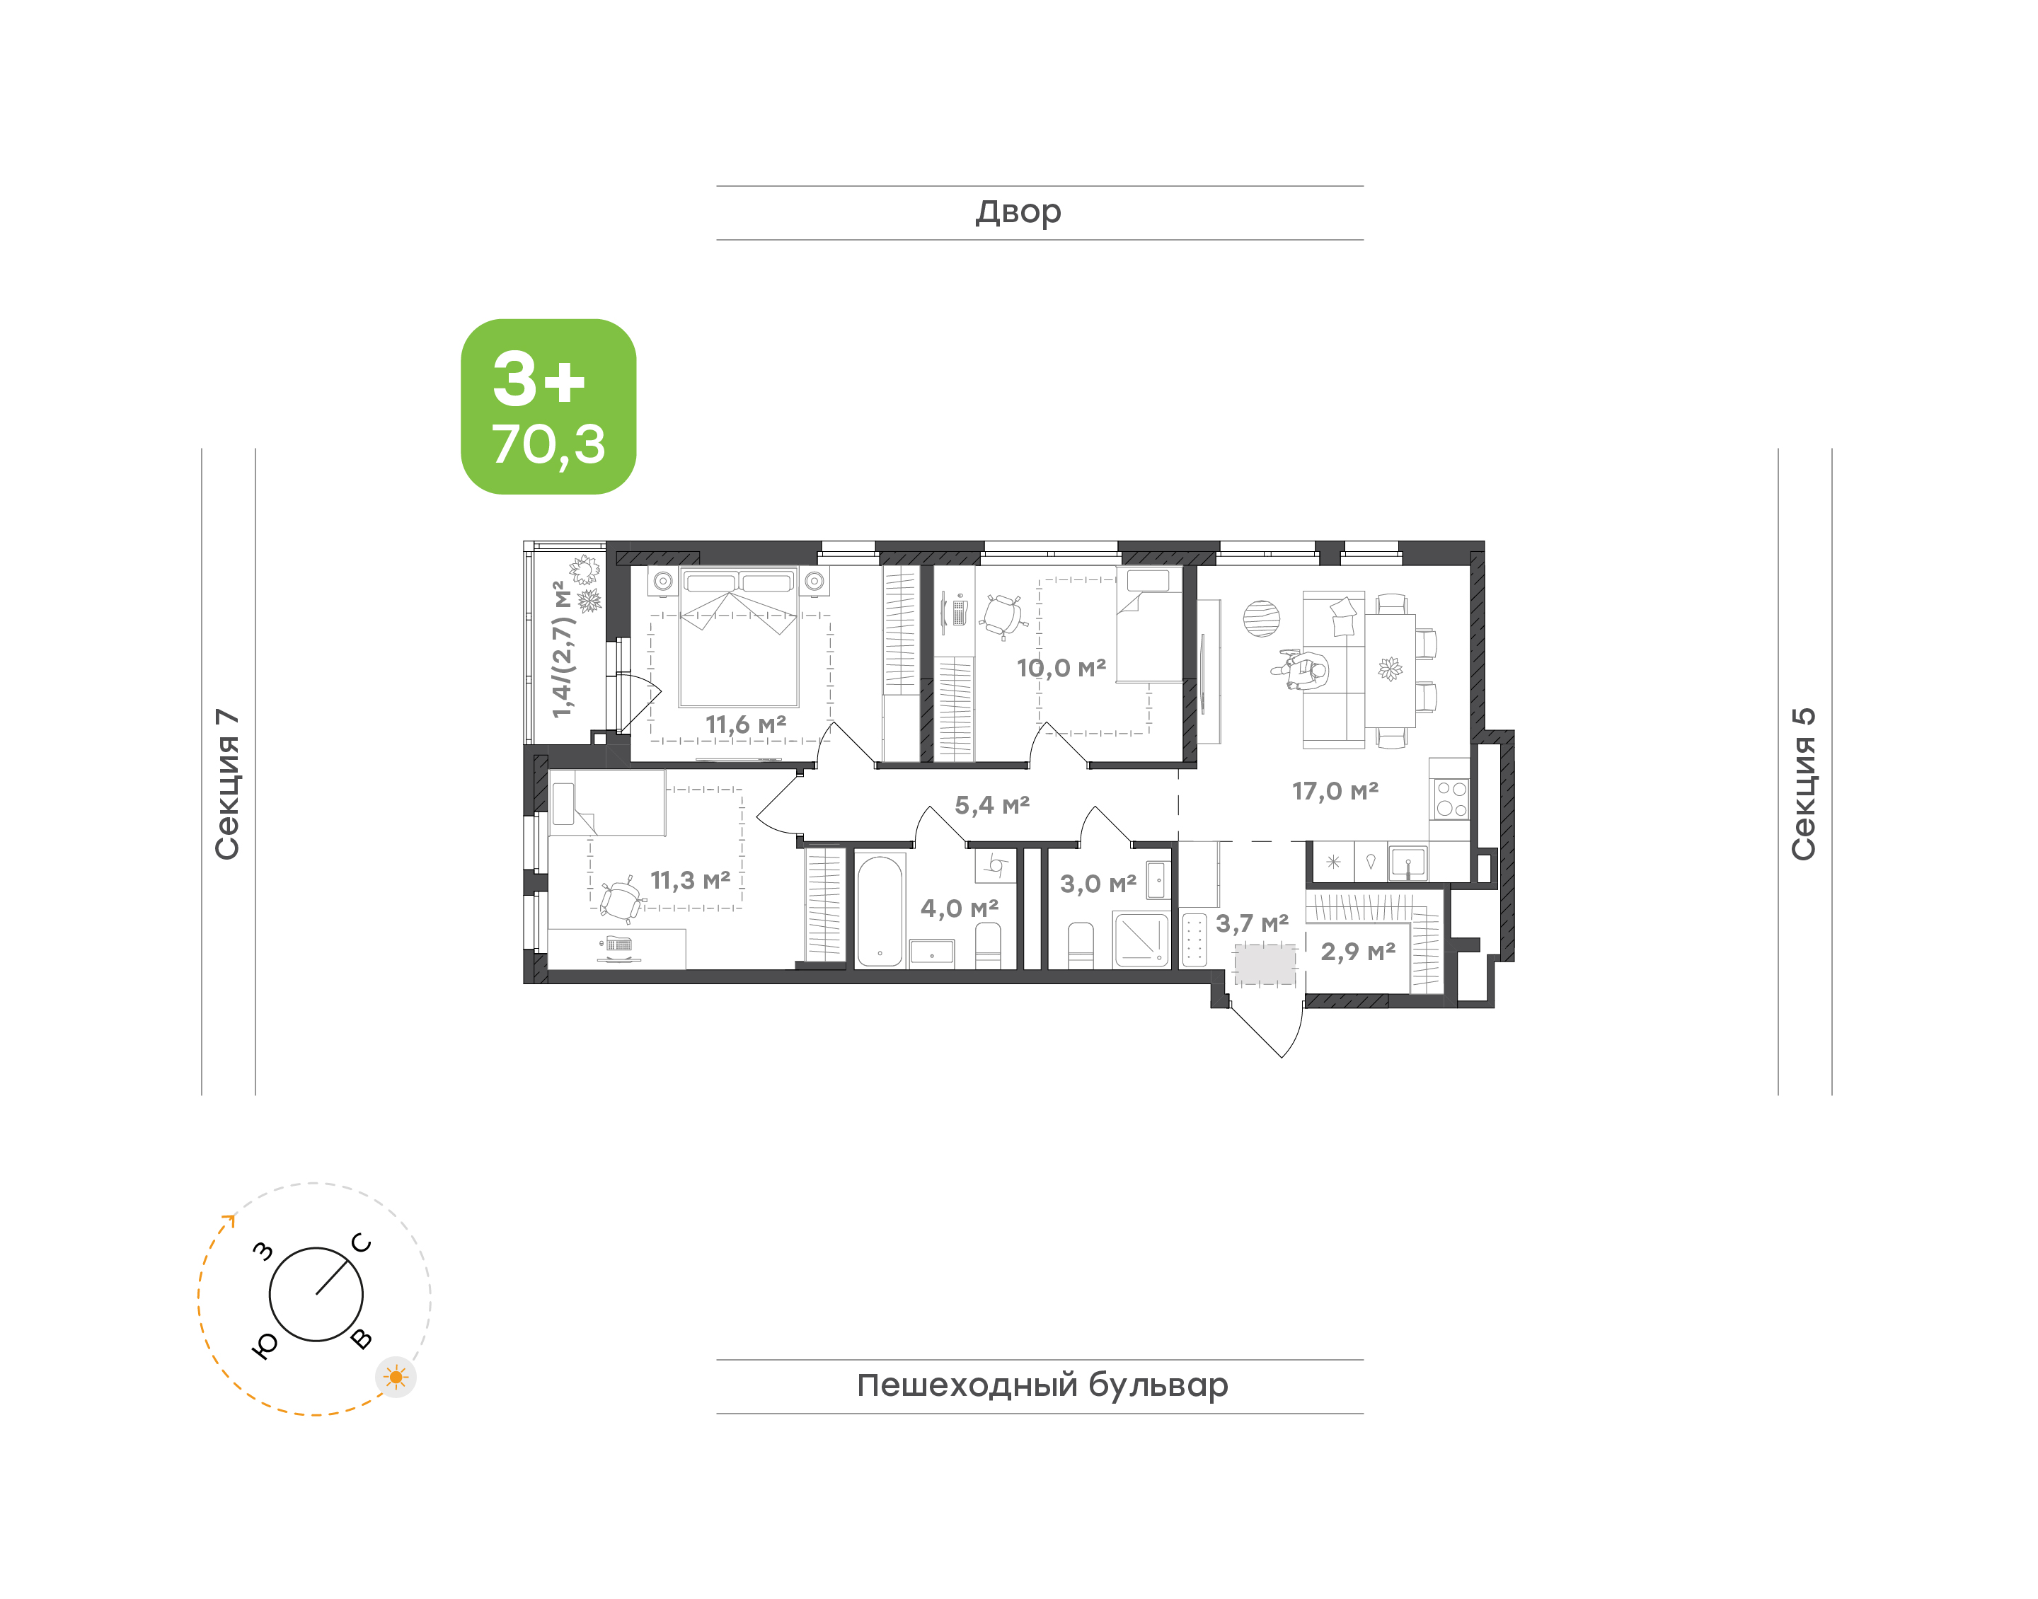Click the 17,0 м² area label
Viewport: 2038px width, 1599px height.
1335,792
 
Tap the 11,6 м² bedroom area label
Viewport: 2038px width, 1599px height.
745,725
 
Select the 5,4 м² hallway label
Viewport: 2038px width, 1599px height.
991,805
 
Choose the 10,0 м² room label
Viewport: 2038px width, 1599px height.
1061,669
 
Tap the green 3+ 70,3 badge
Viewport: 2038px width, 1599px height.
548,406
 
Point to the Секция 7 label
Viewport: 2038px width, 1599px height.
227,785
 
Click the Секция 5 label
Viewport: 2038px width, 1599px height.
1803,785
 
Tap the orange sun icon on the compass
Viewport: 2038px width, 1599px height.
396,1377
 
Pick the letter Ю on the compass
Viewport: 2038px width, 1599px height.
265,1345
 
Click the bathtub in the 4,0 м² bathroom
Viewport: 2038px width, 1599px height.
880,910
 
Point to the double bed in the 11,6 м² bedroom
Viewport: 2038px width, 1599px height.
739,637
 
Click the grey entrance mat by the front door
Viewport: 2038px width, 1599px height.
1264,964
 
